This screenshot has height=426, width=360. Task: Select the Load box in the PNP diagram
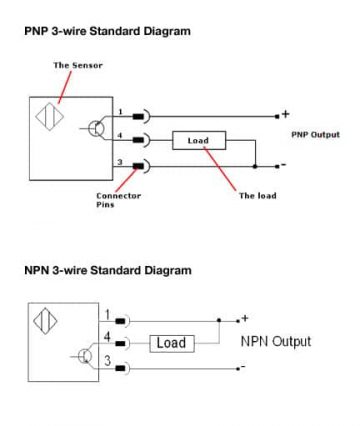198,141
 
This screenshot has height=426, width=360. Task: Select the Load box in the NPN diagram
172,343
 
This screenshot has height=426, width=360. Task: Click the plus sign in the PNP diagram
285,114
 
